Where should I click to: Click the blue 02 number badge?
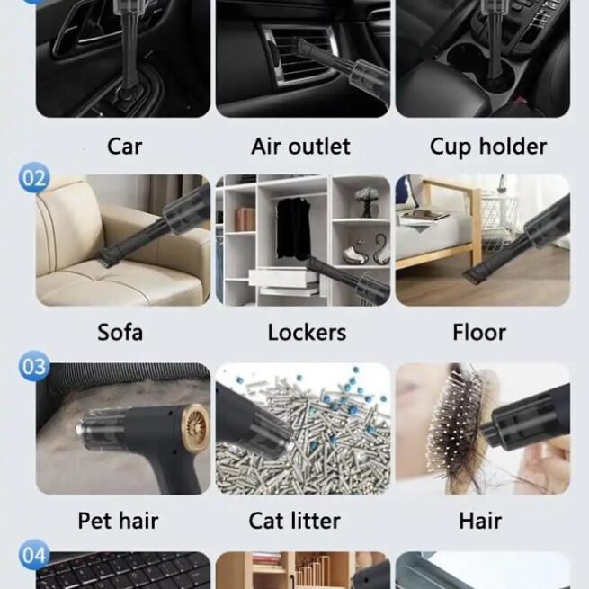[34, 178]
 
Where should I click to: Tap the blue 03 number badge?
[34, 366]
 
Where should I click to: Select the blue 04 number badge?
[34, 555]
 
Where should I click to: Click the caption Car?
[124, 146]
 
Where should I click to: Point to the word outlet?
[319, 146]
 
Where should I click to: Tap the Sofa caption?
[120, 332]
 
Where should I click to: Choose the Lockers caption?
[307, 333]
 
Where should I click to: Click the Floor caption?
[479, 333]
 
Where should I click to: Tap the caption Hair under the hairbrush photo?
[480, 521]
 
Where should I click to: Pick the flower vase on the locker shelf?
[366, 202]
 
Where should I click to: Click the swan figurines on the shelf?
[366, 250]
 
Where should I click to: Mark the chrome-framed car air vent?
[297, 57]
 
